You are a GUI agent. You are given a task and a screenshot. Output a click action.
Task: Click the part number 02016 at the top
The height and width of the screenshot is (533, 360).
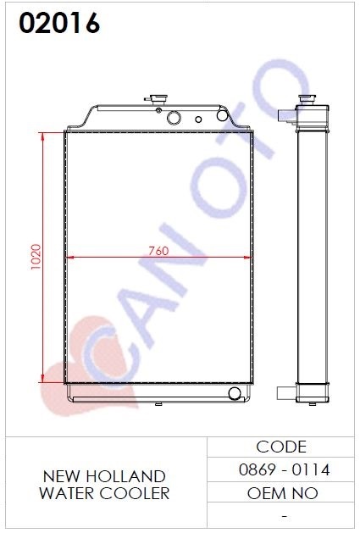tap(59, 23)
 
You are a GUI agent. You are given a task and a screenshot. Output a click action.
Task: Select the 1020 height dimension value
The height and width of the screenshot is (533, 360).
tap(36, 257)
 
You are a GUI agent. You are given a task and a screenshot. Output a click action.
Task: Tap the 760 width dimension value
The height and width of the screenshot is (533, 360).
tap(158, 251)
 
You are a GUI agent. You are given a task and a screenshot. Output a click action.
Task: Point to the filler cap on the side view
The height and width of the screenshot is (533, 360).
tap(307, 100)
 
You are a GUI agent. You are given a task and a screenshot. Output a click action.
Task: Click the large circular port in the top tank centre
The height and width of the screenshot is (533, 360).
tap(174, 118)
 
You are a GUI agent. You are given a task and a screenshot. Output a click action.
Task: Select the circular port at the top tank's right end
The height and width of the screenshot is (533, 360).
tap(222, 115)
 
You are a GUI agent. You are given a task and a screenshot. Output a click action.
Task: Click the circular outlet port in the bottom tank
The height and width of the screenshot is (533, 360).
tap(235, 393)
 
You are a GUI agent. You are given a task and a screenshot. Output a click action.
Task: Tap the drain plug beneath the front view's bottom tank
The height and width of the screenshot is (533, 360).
tap(158, 404)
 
